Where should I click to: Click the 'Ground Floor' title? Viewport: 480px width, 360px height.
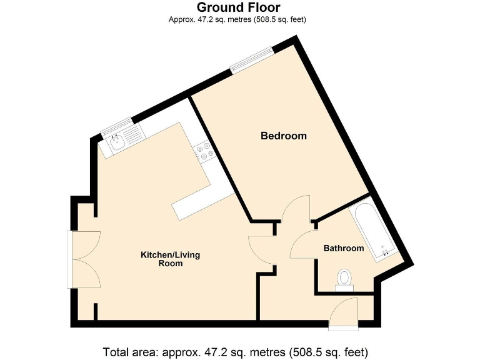point(239,7)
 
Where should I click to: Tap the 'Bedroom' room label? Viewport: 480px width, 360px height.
point(283,136)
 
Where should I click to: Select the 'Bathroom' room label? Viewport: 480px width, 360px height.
point(343,248)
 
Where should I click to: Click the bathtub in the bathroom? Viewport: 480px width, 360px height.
point(373,231)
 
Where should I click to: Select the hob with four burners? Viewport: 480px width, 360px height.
point(204,151)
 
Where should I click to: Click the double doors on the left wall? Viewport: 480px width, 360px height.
point(84,259)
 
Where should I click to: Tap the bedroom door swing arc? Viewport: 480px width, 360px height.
point(296,208)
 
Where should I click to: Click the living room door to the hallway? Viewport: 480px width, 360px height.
point(261,250)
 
